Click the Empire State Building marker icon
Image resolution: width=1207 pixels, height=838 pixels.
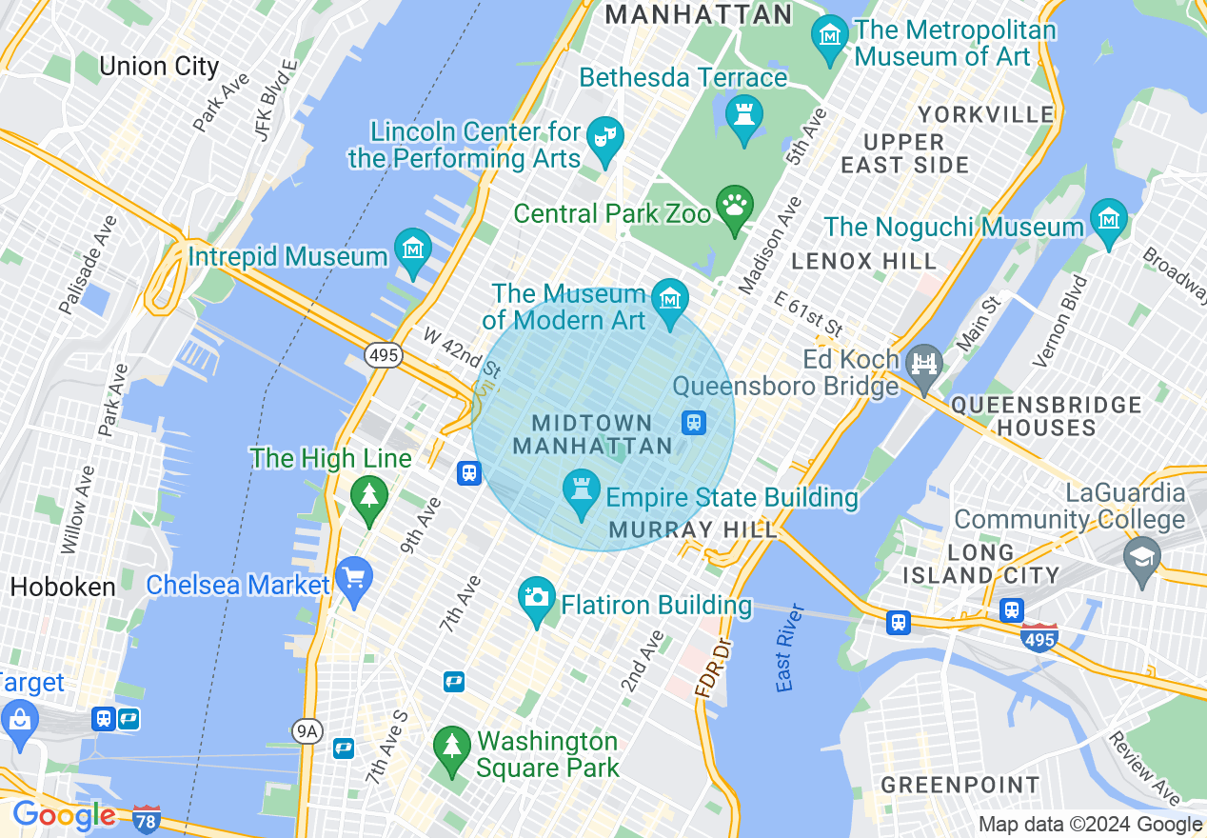tap(581, 490)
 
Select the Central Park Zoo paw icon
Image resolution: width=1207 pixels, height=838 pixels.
tap(735, 206)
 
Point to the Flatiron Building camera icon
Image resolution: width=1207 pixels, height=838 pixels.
tap(537, 598)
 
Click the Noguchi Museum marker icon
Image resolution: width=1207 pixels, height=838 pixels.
tap(1109, 220)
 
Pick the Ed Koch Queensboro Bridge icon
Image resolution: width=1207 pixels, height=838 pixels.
tap(923, 363)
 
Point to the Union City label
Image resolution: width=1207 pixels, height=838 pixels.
tap(159, 67)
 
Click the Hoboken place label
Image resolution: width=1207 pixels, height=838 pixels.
tap(63, 587)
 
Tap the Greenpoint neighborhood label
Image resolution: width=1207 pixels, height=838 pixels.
tap(960, 786)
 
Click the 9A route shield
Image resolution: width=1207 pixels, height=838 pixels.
tap(307, 730)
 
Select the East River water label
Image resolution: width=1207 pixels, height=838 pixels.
tap(784, 648)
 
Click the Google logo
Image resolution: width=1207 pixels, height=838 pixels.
tap(63, 815)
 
